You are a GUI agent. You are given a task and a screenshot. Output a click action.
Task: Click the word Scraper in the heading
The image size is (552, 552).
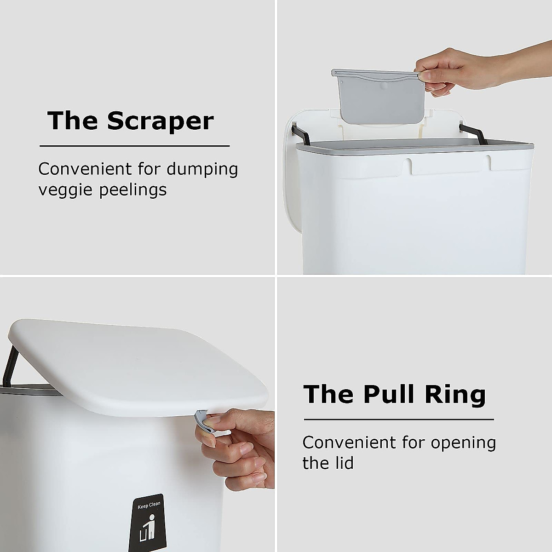click(x=161, y=121)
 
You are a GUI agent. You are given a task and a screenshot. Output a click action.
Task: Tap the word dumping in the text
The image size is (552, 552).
click(x=202, y=169)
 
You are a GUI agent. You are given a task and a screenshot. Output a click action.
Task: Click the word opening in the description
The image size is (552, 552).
click(x=463, y=443)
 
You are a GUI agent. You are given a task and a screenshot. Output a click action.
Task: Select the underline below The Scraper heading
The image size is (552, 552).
click(x=134, y=146)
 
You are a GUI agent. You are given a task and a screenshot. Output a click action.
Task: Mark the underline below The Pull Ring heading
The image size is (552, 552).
click(x=398, y=419)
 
